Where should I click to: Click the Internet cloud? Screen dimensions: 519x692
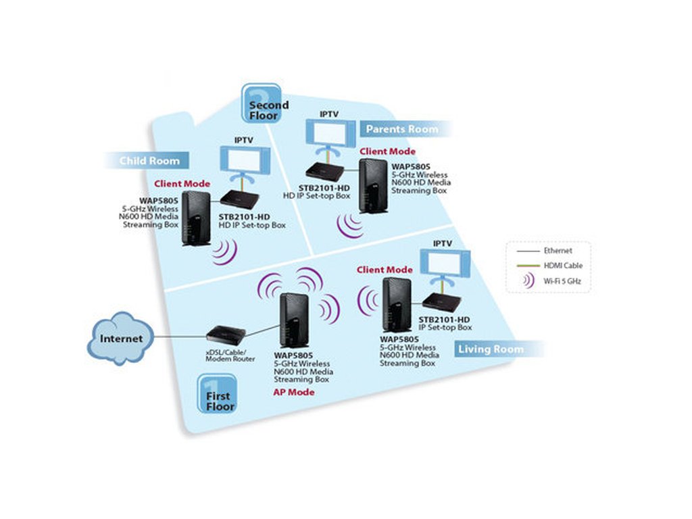120,338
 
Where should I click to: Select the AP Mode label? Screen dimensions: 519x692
294,392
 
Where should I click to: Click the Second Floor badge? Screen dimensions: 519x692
262,104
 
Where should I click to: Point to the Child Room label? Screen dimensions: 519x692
149,161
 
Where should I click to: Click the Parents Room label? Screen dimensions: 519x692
401,128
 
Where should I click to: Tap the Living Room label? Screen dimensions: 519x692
490,349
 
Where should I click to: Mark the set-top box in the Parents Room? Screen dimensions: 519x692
324,172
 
